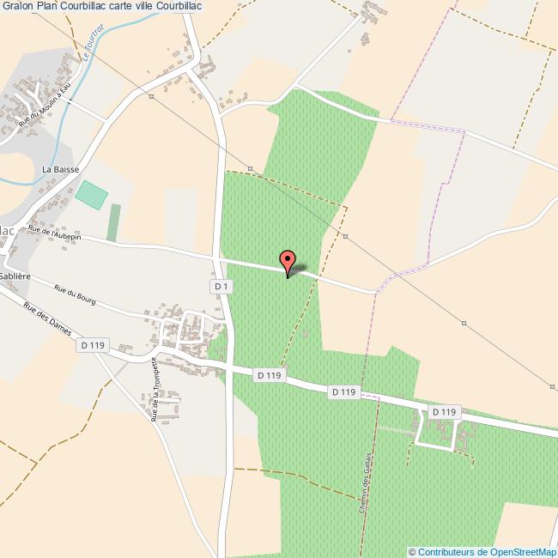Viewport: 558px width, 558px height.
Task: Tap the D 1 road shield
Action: click(221, 285)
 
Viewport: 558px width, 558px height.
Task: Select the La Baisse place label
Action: click(60, 169)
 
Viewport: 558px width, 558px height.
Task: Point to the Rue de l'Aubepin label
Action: click(54, 232)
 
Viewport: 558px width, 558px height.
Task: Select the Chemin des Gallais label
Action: click(364, 483)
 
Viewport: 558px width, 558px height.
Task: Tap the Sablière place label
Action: click(15, 277)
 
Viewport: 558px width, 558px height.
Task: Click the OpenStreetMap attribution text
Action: click(482, 551)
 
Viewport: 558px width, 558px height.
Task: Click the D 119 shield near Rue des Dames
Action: click(91, 345)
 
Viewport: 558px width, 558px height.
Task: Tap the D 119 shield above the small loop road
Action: click(444, 412)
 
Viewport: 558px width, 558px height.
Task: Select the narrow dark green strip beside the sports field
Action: click(113, 222)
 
